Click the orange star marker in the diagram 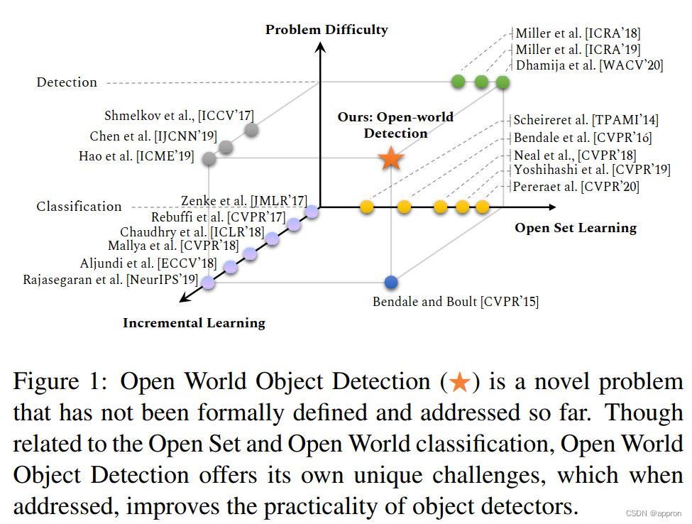coord(391,158)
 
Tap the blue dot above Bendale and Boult coord(390,282)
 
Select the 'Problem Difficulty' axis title coord(326,30)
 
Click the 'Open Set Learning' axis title coord(575,228)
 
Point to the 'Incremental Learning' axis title coord(194,323)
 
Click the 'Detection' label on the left coord(67,82)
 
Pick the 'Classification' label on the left coord(79,207)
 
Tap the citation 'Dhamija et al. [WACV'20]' coord(588,66)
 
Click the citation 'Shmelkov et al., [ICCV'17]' coord(179,116)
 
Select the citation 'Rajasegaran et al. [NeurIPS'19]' coord(110,280)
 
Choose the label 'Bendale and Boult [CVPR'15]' coord(455,302)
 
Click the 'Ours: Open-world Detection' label coord(395,125)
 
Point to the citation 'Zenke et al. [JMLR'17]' coord(243,202)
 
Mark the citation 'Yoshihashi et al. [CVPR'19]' coord(592,170)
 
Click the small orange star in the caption coord(459,383)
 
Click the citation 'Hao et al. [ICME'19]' coord(136,156)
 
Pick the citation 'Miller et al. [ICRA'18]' coord(578,33)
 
